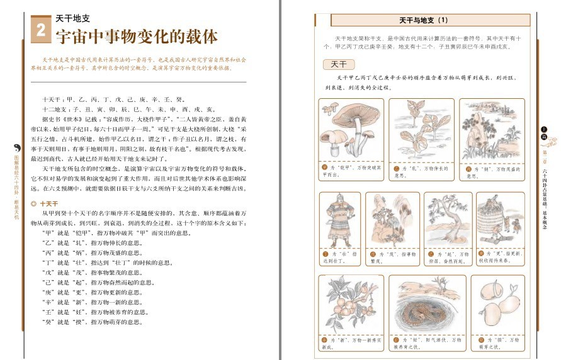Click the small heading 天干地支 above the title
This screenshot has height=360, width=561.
(x=71, y=18)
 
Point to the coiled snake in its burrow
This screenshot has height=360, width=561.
(x=423, y=306)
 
